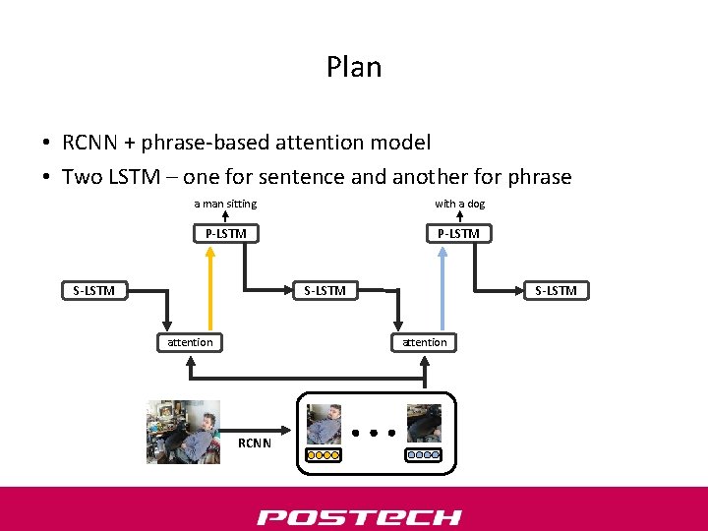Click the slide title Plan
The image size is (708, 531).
point(354,67)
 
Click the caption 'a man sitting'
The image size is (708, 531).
point(225,204)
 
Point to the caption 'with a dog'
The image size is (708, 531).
point(460,204)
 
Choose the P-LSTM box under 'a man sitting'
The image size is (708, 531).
point(225,234)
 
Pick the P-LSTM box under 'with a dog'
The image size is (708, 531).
point(459,234)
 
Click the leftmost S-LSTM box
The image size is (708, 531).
point(94,290)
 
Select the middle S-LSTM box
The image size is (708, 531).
point(324,290)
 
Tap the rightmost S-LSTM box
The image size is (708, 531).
point(557,290)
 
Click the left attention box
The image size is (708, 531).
point(190,342)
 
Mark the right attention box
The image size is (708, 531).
point(425,342)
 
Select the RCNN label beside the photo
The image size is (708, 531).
point(255,443)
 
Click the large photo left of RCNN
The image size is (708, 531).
point(182,431)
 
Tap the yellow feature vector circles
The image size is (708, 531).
point(324,455)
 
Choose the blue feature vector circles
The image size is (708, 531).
point(424,455)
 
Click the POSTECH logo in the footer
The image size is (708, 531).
point(359,517)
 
